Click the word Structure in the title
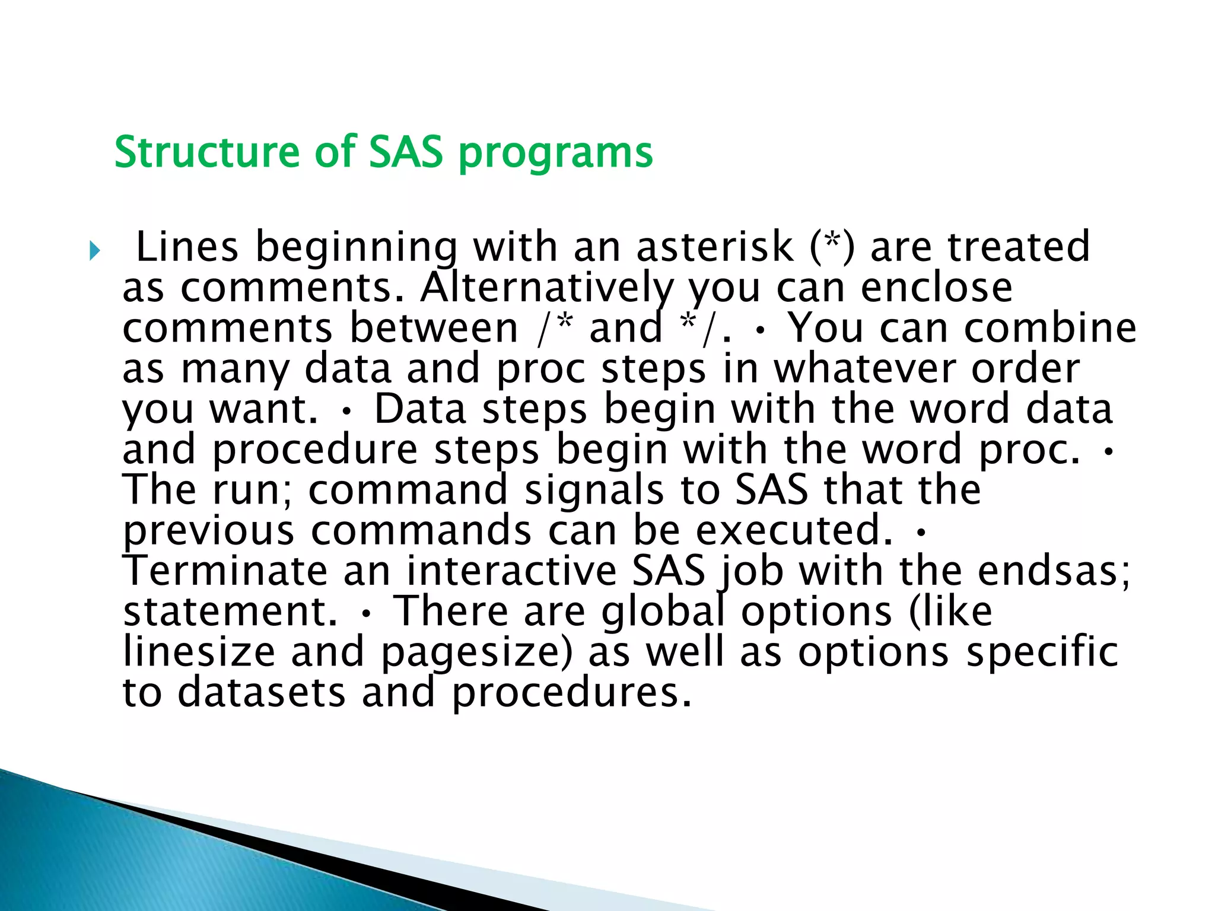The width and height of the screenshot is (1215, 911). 206,152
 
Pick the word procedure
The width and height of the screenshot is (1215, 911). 315,450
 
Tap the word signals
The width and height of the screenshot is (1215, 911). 594,491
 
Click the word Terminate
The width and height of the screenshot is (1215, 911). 225,571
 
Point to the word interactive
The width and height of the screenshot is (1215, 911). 511,571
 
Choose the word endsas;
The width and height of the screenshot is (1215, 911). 1054,571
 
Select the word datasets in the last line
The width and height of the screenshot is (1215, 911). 261,693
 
